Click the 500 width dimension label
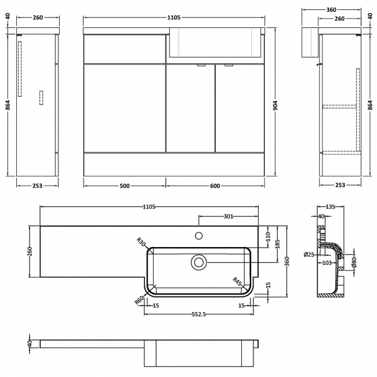point(125,186)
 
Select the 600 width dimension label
point(215,186)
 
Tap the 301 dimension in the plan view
point(228,216)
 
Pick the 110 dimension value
point(268,236)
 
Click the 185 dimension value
point(278,244)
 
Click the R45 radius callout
point(237,282)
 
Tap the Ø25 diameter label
point(309,254)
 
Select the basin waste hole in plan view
point(198,262)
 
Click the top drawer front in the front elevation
point(125,49)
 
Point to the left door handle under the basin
point(201,65)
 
